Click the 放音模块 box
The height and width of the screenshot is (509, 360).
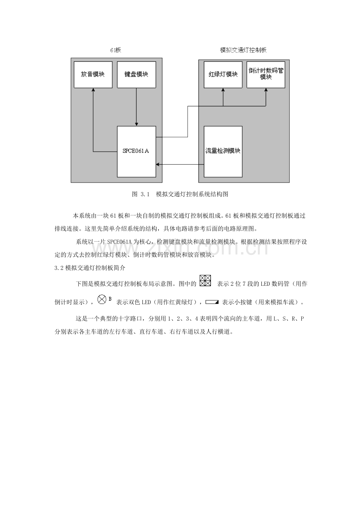pos(93,74)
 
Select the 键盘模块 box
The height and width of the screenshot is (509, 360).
pos(136,74)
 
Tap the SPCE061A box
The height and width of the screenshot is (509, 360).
pos(137,151)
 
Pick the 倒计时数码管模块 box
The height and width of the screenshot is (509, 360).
pos(266,74)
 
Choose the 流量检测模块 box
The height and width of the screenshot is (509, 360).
pos(223,151)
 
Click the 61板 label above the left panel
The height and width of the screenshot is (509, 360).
pos(116,50)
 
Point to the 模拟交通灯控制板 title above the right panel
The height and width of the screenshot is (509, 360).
pos(243,50)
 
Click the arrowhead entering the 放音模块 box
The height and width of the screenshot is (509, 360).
pos(93,90)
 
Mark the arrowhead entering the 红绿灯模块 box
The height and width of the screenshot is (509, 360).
pos(223,90)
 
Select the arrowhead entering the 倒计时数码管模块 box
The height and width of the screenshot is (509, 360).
pos(266,90)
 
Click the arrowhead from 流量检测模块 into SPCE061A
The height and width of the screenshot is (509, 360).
pos(158,165)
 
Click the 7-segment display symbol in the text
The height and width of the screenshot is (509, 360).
pos(205,281)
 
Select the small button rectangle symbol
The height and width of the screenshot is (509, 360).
pos(211,302)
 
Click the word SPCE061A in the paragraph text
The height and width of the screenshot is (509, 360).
pos(119,242)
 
